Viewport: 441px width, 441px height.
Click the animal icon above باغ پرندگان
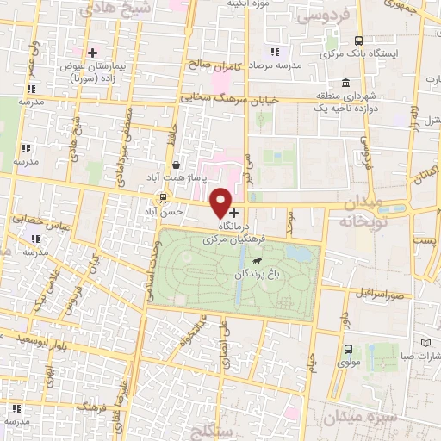[x=257, y=258]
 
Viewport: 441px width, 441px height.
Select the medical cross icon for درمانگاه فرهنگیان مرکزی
[x=234, y=212]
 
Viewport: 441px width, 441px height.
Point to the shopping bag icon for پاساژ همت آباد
[x=177, y=165]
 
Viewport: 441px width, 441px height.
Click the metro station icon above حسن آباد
[x=164, y=197]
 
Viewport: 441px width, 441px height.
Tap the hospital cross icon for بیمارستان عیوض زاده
[x=93, y=53]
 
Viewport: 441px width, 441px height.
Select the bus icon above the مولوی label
[x=348, y=349]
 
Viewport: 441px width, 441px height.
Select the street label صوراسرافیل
[x=376, y=292]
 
